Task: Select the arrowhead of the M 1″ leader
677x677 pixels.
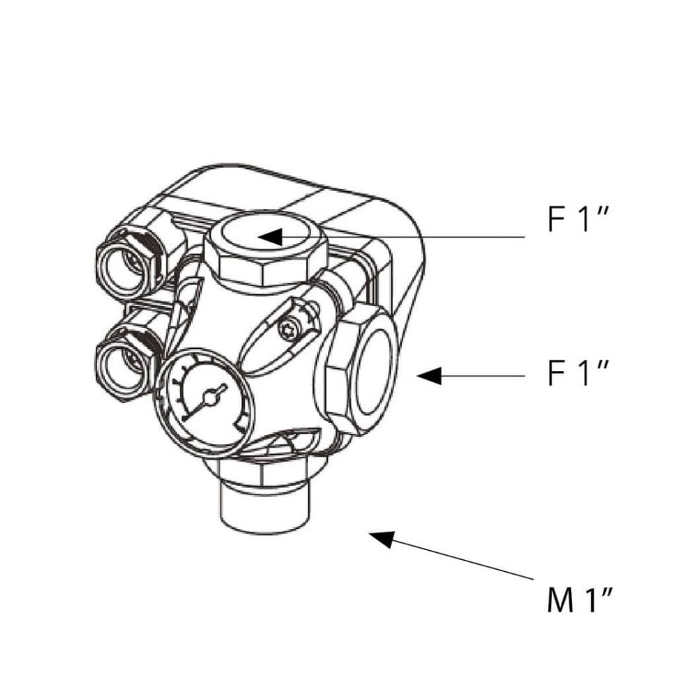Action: [x=382, y=539]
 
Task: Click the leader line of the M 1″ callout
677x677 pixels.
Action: [x=465, y=562]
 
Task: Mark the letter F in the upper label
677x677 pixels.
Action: [x=556, y=220]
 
